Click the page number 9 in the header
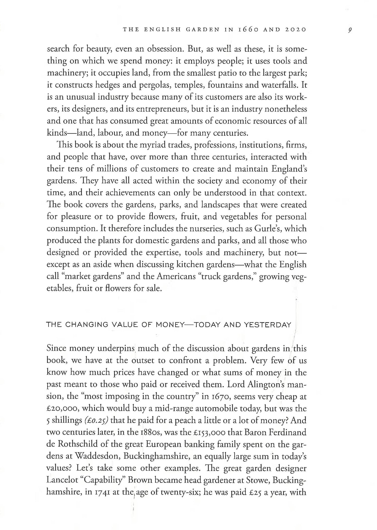click(x=350, y=30)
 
